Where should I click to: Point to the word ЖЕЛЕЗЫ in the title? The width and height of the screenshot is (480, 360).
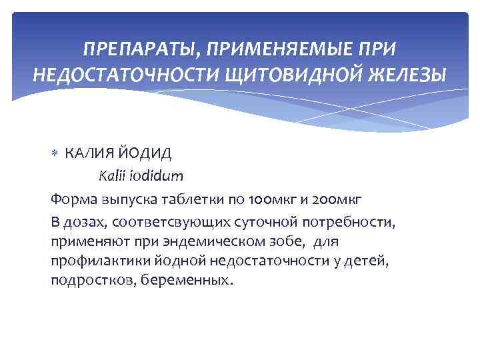(407, 73)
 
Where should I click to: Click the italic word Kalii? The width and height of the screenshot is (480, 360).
(111, 177)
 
